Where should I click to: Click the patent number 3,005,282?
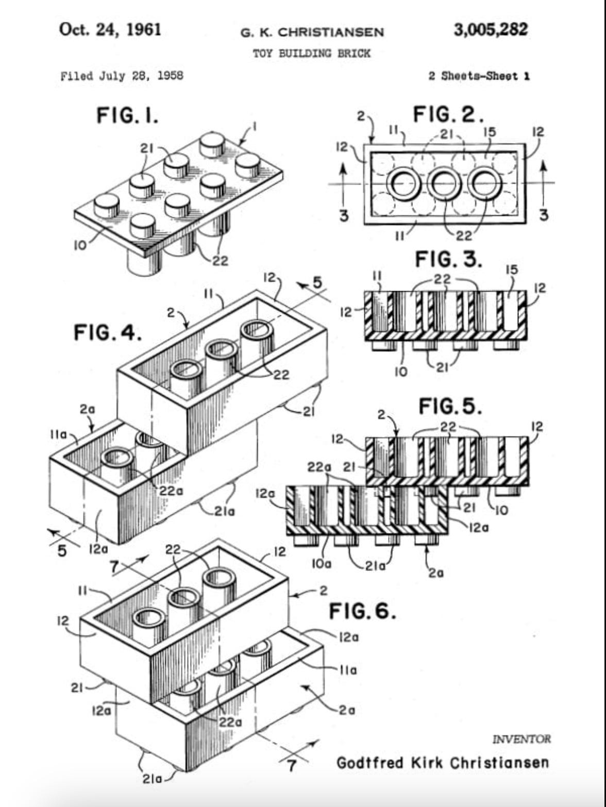click(x=491, y=29)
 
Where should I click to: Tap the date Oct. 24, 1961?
click(x=110, y=29)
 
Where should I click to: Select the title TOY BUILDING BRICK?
click(x=312, y=54)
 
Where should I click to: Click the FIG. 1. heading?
click(x=127, y=115)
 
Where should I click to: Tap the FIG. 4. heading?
click(x=108, y=332)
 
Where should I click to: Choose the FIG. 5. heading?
click(x=450, y=406)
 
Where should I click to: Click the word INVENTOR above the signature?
click(x=521, y=739)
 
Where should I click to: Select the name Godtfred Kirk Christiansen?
click(x=443, y=763)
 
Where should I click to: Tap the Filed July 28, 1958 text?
click(x=122, y=76)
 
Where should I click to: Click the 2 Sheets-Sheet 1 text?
click(x=479, y=76)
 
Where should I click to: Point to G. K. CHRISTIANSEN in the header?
click(x=312, y=32)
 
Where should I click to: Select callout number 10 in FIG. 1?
click(x=80, y=246)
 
